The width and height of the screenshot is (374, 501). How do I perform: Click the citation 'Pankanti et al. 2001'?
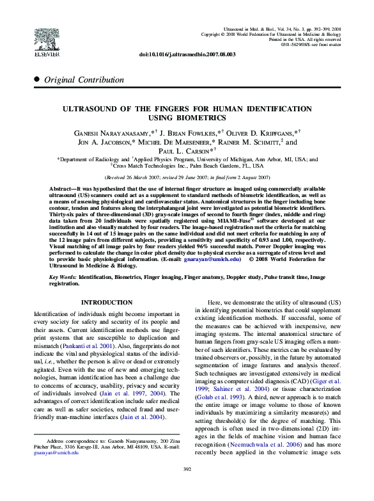click(x=102, y=344)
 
